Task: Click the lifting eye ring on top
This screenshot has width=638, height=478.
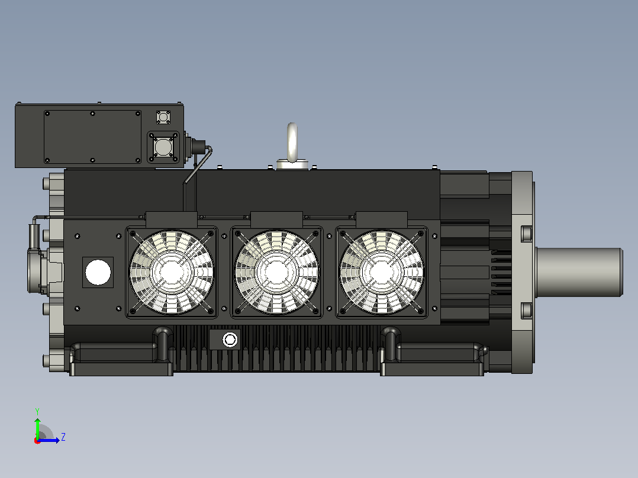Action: click(x=292, y=143)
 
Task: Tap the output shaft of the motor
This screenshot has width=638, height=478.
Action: click(x=579, y=272)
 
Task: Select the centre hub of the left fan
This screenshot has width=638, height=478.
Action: click(x=171, y=272)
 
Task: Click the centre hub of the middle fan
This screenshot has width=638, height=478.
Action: click(x=276, y=272)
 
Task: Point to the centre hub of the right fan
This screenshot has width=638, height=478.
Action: click(x=381, y=272)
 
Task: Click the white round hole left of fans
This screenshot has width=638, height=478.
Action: click(x=98, y=272)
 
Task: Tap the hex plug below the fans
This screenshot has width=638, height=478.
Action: click(x=230, y=340)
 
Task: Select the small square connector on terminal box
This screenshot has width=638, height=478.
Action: click(x=163, y=117)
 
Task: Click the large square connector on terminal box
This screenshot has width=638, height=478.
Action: click(x=163, y=147)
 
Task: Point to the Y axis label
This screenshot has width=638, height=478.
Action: click(x=37, y=411)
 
